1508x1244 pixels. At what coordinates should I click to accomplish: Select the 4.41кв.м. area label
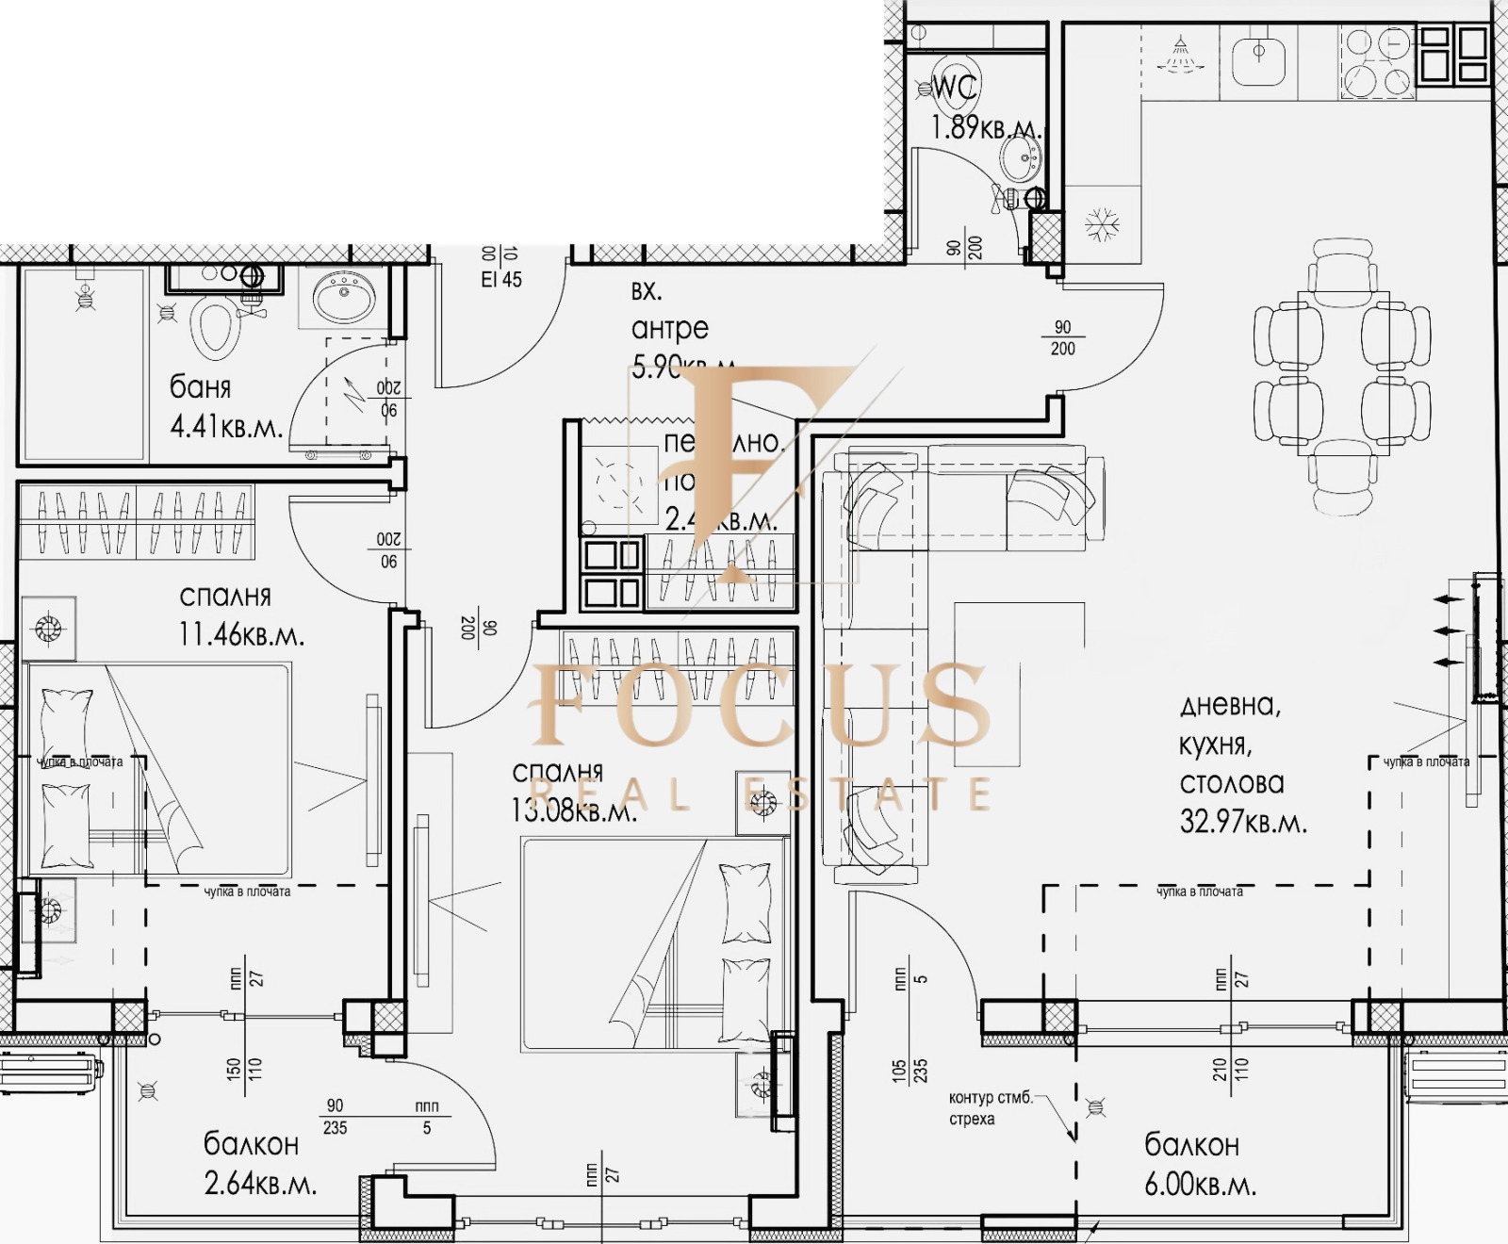(226, 427)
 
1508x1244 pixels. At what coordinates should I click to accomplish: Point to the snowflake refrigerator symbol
(1098, 225)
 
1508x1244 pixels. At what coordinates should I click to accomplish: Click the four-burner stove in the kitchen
(1377, 62)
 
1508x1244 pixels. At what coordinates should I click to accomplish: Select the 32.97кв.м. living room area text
(1243, 822)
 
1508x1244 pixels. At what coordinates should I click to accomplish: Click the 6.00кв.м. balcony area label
(1200, 1185)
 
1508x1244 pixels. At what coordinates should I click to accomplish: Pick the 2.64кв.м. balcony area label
(260, 1184)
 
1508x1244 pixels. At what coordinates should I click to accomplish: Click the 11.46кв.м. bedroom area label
(241, 634)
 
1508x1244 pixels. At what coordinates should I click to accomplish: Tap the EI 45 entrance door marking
(500, 279)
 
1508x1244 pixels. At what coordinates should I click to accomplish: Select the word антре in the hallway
(669, 329)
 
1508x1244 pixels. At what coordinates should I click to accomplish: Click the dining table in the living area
(1342, 373)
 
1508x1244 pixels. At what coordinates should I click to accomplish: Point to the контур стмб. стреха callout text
(990, 1108)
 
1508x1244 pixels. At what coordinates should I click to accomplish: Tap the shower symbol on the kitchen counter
(1179, 54)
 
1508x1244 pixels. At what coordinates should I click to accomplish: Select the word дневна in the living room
(1229, 706)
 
